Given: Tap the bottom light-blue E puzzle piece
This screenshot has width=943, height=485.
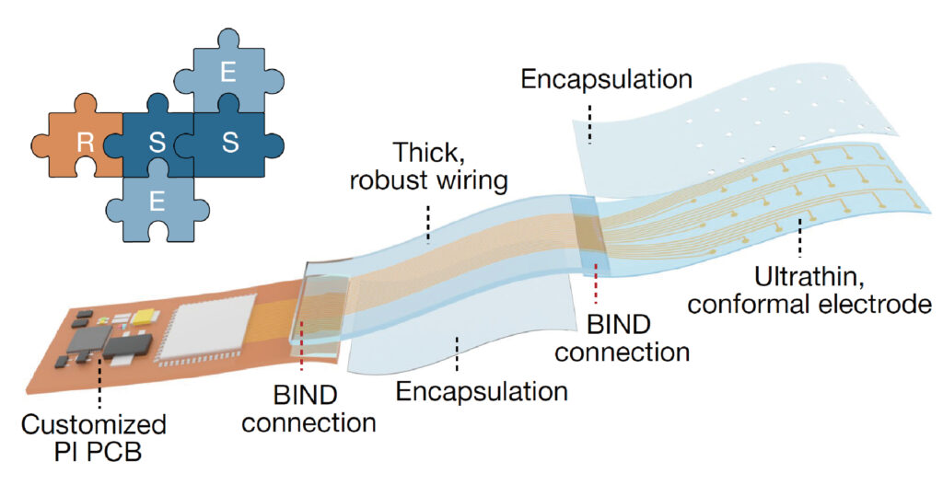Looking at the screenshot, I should pos(157,202).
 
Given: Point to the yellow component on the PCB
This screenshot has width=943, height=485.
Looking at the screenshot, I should pos(144,317).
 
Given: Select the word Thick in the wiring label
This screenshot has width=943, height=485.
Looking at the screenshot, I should pos(426,152).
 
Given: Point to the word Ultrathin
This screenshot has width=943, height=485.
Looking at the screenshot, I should pos(798,275).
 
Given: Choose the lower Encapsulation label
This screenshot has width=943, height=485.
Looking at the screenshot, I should pos(482,392).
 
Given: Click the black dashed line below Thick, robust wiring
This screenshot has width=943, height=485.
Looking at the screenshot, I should pos(427,223).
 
